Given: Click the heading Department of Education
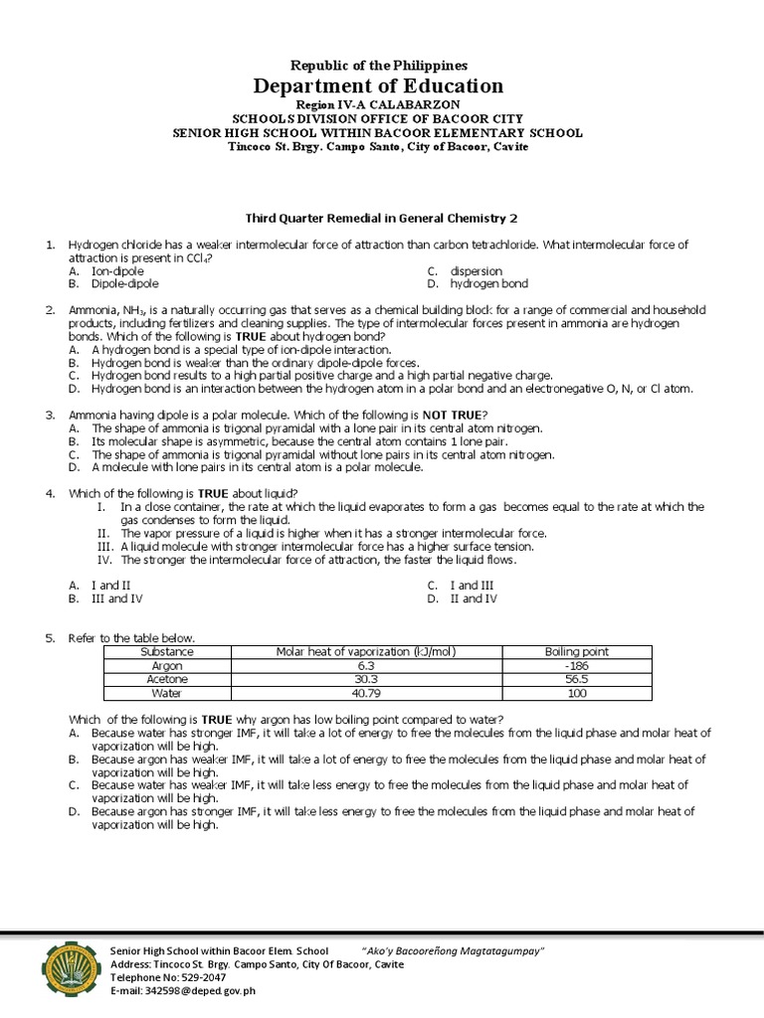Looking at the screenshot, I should tap(382, 85).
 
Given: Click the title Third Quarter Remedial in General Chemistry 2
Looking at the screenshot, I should tap(382, 218).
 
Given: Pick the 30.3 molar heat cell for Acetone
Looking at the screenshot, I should tap(365, 679).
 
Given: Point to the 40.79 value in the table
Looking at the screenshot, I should tap(365, 693).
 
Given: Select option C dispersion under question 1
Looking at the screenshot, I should tap(476, 270).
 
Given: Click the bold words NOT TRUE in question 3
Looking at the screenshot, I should tap(455, 414).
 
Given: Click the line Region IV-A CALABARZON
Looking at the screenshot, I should tap(382, 105).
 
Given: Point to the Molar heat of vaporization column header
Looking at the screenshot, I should tap(365, 651).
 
